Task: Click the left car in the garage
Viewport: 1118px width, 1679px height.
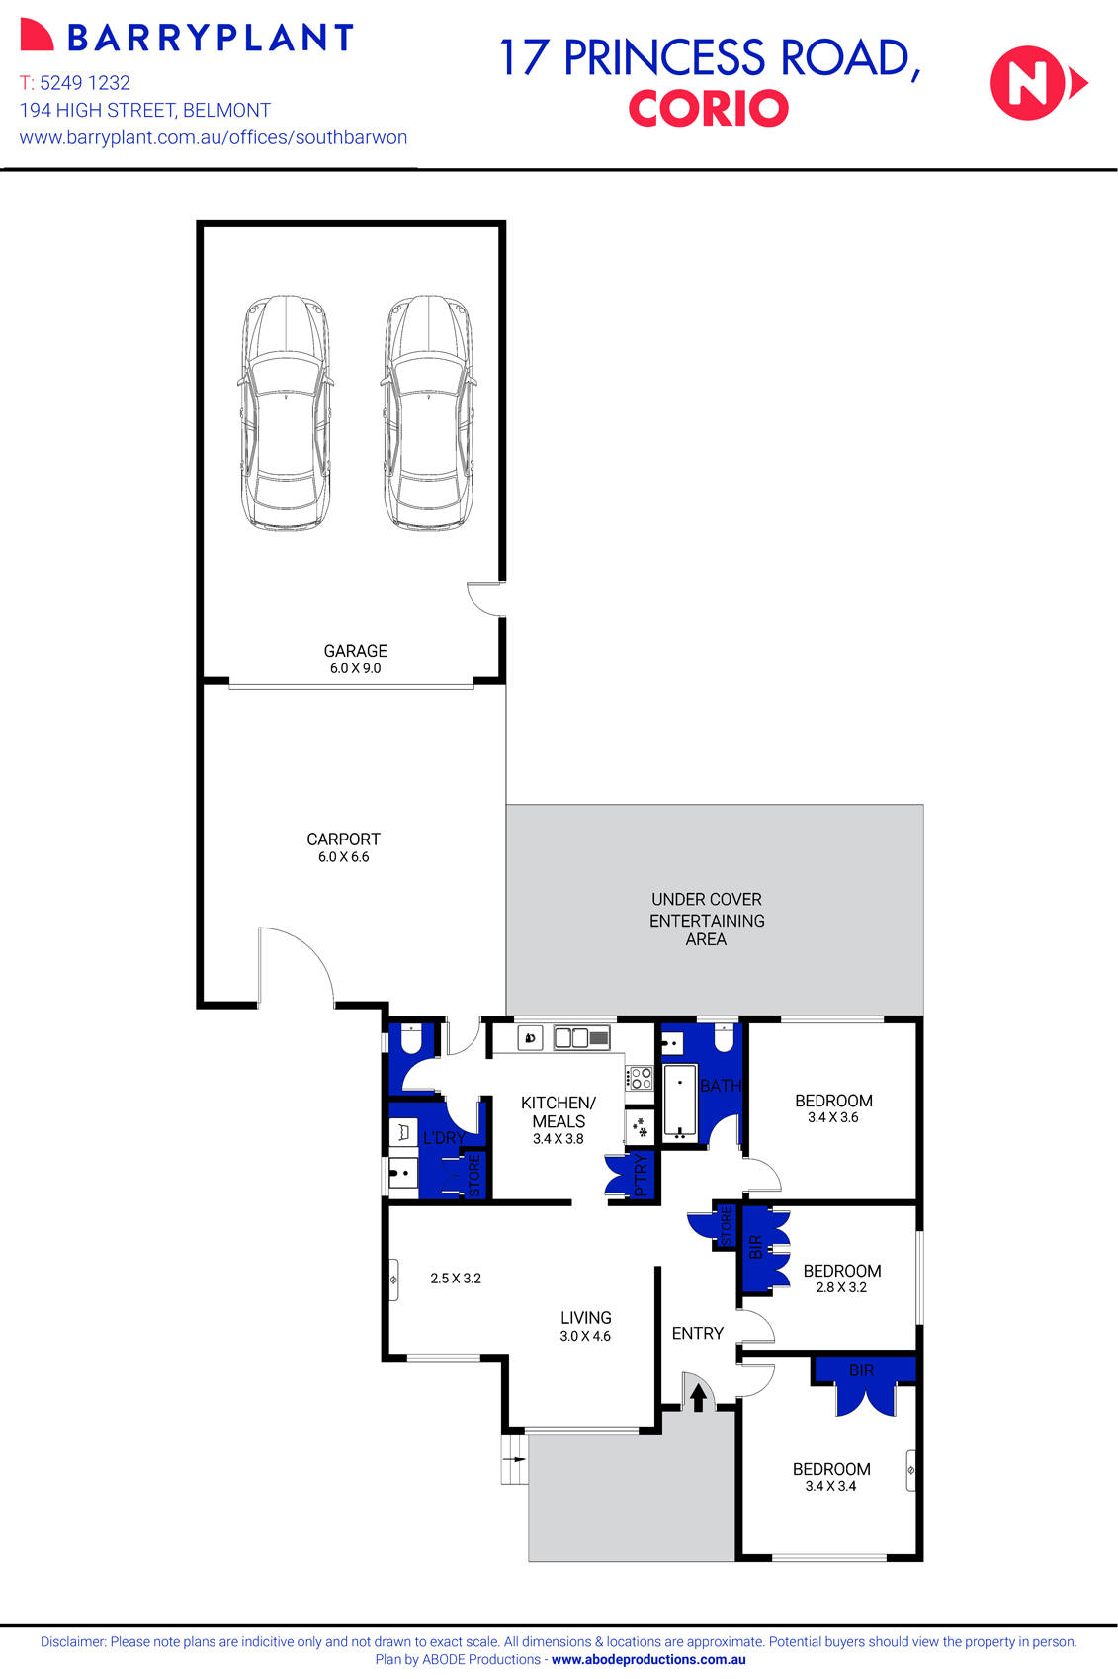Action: pos(286,412)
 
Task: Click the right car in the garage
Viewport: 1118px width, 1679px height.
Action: pos(429,412)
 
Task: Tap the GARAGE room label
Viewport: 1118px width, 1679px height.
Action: pos(355,651)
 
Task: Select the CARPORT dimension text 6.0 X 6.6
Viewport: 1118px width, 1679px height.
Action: pos(343,857)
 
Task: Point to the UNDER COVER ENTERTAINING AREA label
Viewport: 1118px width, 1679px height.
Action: pos(706,920)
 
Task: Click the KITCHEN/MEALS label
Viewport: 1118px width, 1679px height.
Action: pos(559,1111)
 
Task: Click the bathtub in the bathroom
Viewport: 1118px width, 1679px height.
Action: pos(680,1101)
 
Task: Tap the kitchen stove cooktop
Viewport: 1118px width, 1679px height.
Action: pos(640,1077)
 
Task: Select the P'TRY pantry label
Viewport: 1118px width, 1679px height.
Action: pos(641,1176)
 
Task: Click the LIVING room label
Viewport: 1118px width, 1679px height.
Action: pos(586,1318)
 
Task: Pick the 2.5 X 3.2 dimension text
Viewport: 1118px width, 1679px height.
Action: pos(456,1279)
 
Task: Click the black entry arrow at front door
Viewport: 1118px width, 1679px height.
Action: pos(698,1397)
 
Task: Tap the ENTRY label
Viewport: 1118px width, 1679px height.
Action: pos(697,1334)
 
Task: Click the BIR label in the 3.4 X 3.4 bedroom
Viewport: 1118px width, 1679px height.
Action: pos(861,1370)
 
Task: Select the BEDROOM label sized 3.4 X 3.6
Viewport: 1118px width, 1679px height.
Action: pos(833,1101)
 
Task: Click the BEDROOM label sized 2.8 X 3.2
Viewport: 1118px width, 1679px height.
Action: pos(841,1271)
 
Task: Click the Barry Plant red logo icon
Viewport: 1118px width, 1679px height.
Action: pos(37,37)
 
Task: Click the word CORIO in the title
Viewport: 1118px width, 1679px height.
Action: pos(708,109)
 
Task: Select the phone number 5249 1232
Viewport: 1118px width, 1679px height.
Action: pos(85,83)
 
